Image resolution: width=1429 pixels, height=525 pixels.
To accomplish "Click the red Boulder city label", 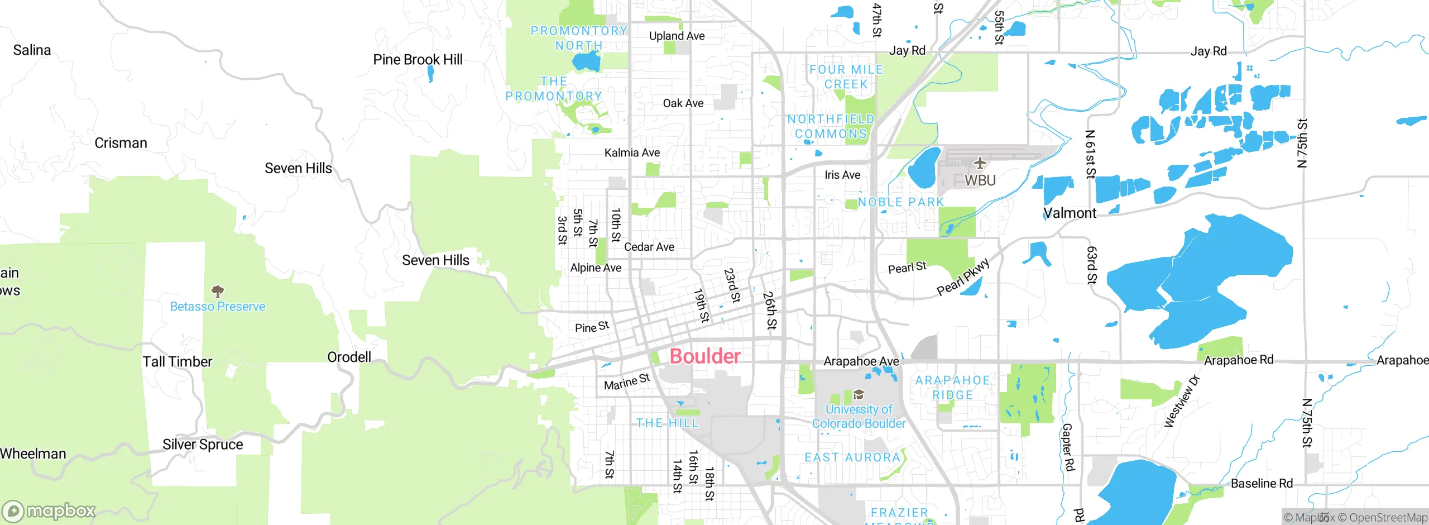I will coord(705,356).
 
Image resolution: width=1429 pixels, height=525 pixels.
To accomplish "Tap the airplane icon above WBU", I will coord(980,163).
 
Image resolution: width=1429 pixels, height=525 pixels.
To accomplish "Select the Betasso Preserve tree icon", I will coord(218,291).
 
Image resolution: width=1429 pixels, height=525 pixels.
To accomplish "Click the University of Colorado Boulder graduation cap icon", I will coord(859,395).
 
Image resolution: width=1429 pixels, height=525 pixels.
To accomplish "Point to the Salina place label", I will coord(32,50).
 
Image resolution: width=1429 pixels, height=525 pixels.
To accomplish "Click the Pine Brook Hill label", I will coord(418,59).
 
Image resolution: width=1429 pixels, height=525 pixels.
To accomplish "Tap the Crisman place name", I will coord(121,143).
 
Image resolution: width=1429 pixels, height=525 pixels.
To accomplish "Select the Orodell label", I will coord(349,357).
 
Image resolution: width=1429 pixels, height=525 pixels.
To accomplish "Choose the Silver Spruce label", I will coord(203,445).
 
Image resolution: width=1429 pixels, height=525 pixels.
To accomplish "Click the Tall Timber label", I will coord(177,362).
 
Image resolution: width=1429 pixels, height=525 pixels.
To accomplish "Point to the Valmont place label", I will coord(1070,213).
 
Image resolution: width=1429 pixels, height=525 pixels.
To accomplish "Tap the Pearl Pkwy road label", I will coord(963,277).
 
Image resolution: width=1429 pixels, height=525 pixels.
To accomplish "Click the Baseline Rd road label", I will coord(1262,484).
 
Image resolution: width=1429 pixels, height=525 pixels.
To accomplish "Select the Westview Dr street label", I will coord(1182,402).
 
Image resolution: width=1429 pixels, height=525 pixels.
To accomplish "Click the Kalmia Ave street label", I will coord(632,152).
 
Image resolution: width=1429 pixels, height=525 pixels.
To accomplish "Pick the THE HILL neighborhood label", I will coord(668,423).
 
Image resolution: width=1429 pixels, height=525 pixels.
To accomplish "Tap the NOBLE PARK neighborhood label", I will coord(900,202).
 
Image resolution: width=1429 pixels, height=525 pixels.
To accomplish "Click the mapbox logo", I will coord(49,510).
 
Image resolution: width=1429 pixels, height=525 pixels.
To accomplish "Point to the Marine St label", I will coord(627,383).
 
